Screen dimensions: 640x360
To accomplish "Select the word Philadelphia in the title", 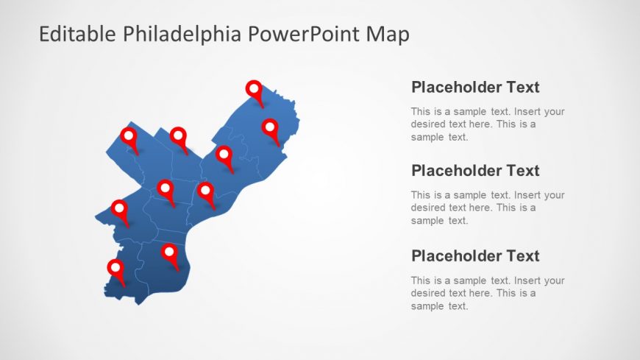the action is (x=182, y=35).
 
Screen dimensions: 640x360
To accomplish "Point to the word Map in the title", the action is (x=388, y=35).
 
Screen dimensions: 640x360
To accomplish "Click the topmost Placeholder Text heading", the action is (x=475, y=87).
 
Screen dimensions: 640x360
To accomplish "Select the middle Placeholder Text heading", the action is (x=475, y=170).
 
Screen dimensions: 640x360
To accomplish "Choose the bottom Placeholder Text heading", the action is (x=475, y=255).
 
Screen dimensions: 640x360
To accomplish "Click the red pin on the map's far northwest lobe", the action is (x=129, y=140).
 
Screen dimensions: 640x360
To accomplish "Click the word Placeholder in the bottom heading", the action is (x=456, y=255).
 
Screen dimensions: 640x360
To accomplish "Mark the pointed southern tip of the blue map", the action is (x=139, y=305).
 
